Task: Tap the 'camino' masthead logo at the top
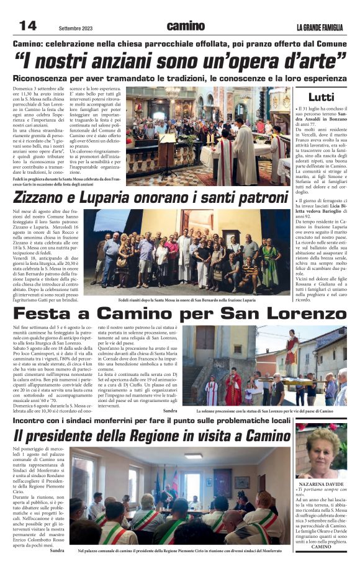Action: click(185, 26)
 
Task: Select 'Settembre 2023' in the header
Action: click(76, 29)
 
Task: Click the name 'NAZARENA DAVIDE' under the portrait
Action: click(321, 483)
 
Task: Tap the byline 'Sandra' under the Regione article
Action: click(57, 550)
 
